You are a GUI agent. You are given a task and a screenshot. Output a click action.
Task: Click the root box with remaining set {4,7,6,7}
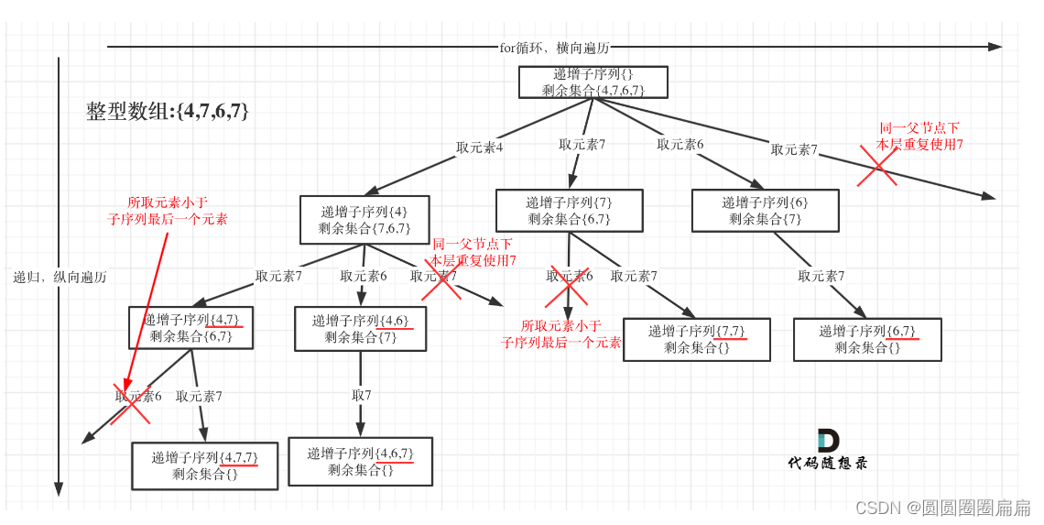593,82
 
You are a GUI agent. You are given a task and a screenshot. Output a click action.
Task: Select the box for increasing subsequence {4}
365,219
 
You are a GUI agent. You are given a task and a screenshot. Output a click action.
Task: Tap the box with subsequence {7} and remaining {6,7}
569,211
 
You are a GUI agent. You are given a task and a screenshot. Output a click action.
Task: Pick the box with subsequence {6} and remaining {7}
765,211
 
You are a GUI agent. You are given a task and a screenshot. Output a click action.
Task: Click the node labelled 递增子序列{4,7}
190,328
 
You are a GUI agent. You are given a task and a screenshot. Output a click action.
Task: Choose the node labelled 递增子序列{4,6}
361,329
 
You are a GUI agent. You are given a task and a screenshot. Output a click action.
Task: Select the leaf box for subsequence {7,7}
696,339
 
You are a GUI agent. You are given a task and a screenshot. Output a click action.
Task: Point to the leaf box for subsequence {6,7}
866,339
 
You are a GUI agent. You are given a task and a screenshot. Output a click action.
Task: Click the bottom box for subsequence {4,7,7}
204,465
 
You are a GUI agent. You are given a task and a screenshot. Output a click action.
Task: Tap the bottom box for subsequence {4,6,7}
360,461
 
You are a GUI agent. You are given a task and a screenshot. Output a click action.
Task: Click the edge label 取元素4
480,148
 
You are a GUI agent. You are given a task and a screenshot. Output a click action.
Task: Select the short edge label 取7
361,396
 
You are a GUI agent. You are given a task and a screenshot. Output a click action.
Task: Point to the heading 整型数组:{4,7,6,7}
168,111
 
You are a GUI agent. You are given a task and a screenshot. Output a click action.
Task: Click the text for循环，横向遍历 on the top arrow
554,47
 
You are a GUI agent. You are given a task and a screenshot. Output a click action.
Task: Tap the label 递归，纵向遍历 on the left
60,277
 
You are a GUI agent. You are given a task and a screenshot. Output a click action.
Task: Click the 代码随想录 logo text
827,463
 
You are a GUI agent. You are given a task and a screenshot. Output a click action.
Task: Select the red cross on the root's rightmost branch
876,166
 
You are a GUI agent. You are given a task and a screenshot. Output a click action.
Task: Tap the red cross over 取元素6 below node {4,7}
130,404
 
